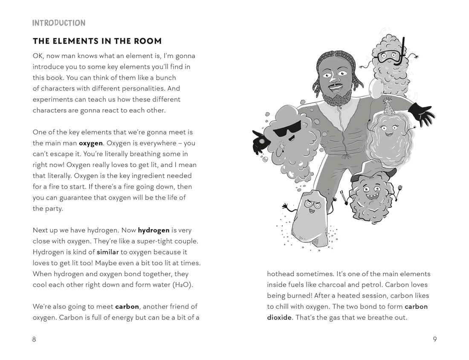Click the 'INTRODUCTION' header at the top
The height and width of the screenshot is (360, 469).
coord(59,23)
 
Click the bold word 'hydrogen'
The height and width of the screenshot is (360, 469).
coord(153,230)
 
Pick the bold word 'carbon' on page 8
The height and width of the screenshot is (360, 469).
coord(127,306)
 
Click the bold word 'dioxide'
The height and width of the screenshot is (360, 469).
coord(279,317)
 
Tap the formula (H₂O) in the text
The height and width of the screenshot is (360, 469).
coord(182,285)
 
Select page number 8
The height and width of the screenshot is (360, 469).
coord(34,339)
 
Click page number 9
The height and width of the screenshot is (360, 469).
coord(434,339)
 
